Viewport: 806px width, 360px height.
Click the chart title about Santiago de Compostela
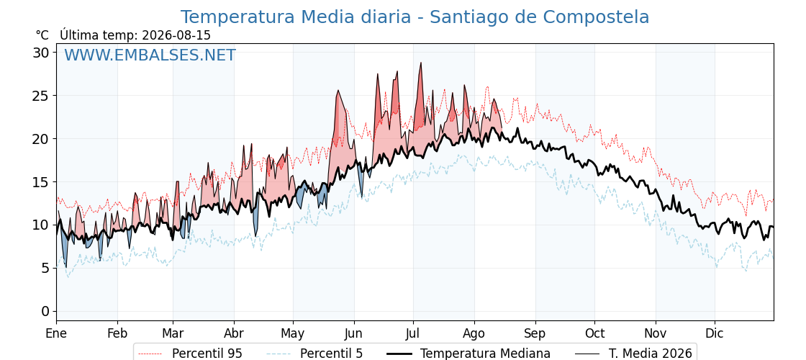point(415,17)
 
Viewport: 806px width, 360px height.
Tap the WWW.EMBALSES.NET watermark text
point(150,55)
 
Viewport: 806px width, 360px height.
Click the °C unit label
point(42,35)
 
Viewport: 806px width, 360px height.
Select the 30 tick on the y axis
point(42,53)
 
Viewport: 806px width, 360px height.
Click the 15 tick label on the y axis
point(42,182)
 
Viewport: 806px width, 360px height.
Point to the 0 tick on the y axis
point(46,311)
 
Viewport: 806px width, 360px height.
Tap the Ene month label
point(57,333)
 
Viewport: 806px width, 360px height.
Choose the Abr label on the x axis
point(234,333)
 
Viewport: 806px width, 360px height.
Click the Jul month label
point(413,333)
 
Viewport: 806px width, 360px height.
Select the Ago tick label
point(474,334)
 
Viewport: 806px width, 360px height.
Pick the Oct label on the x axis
point(594,333)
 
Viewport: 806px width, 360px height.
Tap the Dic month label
point(715,333)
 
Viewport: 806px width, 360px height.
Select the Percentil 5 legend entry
point(314,354)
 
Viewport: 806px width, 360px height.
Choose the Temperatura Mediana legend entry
point(468,354)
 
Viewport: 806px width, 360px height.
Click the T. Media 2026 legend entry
point(633,354)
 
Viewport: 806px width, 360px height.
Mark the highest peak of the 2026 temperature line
point(421,63)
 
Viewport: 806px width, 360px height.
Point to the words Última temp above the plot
point(95,35)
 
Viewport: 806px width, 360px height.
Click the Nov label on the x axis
point(656,333)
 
